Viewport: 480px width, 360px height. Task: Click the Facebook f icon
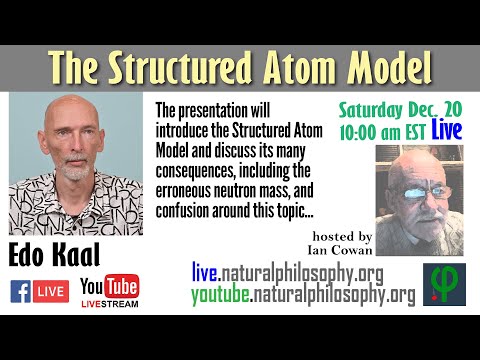21,291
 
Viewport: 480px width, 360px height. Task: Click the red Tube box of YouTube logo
122,285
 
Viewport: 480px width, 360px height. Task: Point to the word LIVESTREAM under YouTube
109,304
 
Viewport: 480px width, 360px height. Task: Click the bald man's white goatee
74,171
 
